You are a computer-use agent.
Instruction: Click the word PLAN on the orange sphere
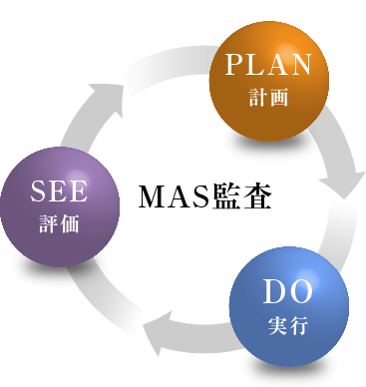268,67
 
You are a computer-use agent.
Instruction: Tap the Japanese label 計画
268,99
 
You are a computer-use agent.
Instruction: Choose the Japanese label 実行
288,325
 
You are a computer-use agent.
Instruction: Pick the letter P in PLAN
234,67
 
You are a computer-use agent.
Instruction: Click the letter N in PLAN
301,67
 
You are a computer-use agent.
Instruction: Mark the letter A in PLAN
279,67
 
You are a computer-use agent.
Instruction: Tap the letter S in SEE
38,192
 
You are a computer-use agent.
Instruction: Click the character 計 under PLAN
257,99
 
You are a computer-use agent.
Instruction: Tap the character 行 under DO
299,325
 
